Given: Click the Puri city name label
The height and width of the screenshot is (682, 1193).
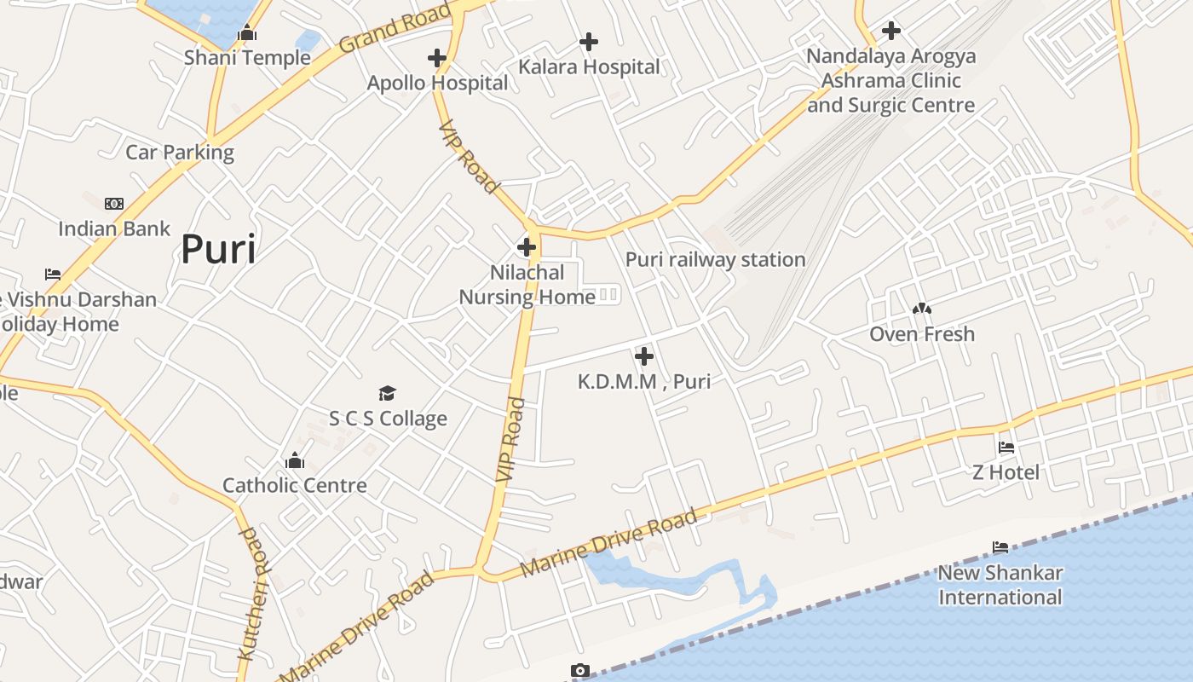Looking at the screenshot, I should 218,250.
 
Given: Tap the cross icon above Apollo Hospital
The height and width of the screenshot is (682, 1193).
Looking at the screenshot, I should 437,58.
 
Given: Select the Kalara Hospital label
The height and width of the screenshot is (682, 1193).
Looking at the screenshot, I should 590,66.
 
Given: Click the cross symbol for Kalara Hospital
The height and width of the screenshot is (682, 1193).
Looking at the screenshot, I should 589,41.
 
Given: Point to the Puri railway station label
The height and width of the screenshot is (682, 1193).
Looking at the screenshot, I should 715,259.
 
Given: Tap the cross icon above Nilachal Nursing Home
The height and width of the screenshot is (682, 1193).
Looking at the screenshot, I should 527,248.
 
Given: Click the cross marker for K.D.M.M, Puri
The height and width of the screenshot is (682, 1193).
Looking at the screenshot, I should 644,356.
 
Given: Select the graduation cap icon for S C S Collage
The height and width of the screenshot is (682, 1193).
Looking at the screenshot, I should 388,393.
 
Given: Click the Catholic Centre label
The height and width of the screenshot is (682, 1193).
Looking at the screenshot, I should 295,485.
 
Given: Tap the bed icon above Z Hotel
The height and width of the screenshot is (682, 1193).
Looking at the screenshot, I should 1006,447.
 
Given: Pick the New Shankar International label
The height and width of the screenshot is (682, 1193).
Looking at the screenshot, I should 1000,585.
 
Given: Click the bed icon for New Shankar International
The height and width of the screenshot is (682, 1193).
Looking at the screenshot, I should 1000,547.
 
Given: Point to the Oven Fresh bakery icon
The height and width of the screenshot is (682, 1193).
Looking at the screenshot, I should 922,309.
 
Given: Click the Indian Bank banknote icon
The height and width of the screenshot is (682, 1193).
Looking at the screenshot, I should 114,204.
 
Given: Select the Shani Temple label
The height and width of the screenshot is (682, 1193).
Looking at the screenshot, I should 247,57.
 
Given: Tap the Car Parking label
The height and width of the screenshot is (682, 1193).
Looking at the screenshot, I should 180,152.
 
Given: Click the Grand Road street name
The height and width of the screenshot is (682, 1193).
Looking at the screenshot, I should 394,28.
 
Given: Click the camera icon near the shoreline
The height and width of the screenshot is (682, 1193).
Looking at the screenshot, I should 580,671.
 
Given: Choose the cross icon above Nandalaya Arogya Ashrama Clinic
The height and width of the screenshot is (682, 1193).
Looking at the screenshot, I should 891,31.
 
